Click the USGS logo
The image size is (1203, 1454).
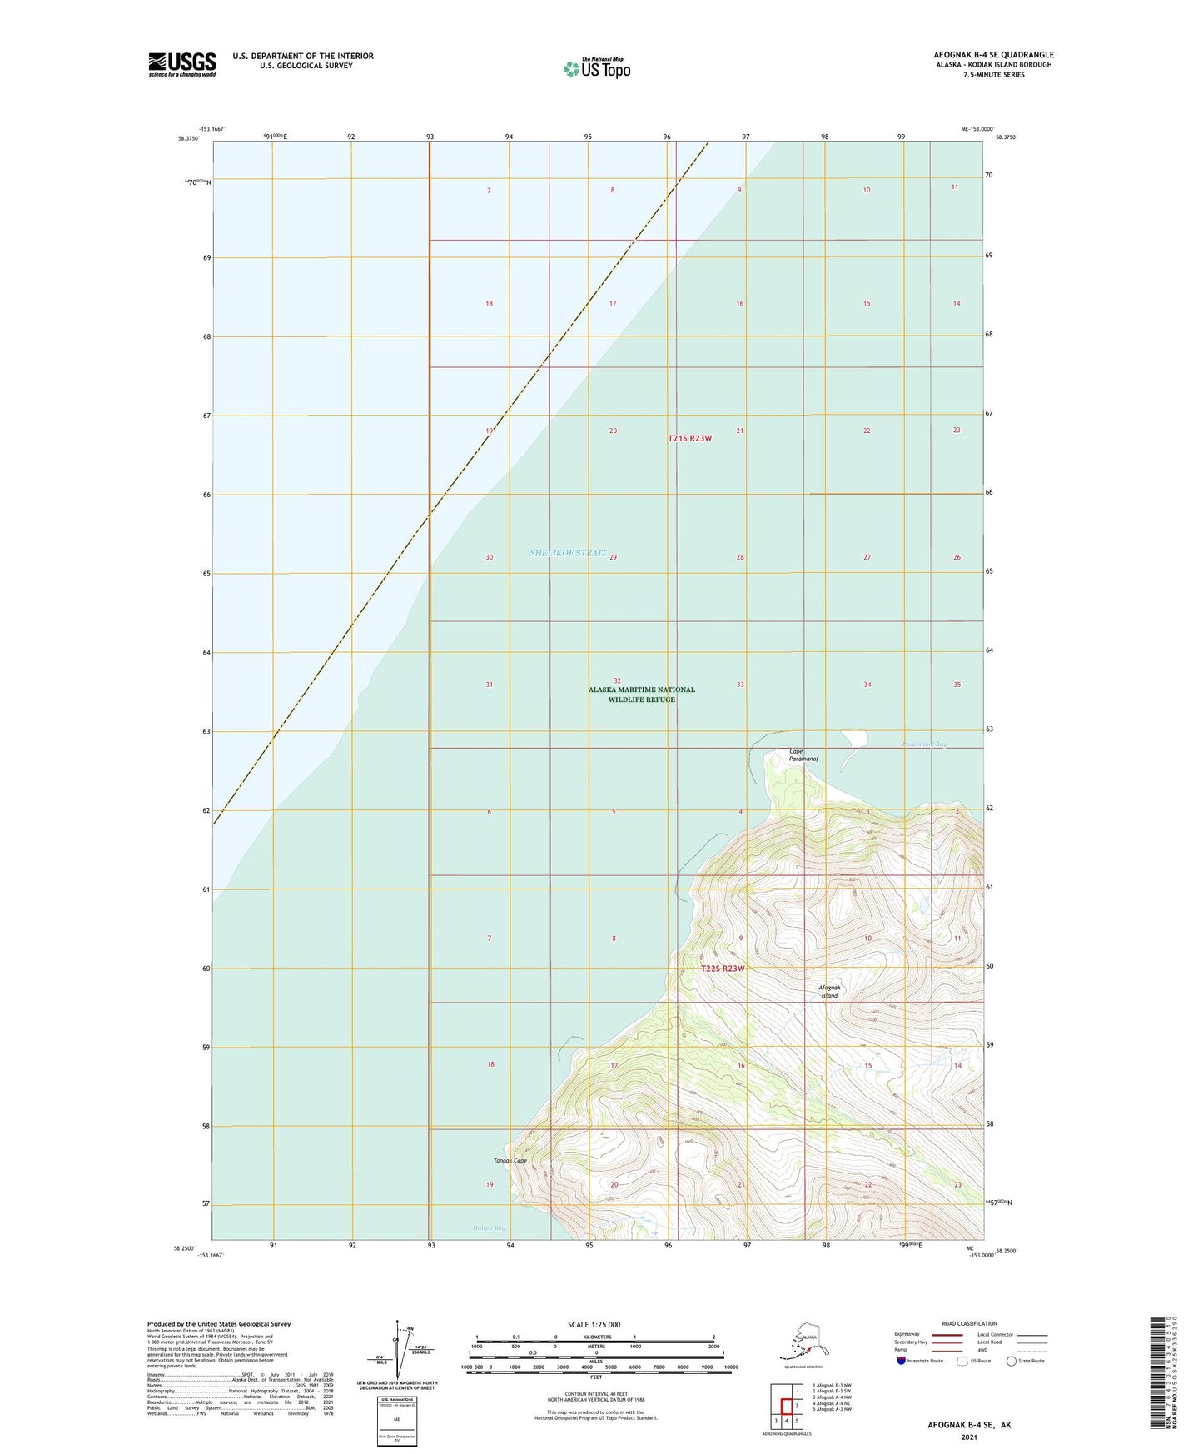coord(181,64)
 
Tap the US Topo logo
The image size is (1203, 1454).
coord(596,68)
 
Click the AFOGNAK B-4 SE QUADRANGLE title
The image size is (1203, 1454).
coord(992,55)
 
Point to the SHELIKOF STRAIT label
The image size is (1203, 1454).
coord(568,553)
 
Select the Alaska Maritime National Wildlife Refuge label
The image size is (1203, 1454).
coord(641,695)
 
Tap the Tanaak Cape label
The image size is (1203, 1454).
coord(510,1161)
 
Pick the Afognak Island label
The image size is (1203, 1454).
coord(829,992)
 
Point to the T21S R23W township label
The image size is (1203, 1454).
coord(689,438)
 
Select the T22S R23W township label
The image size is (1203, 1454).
coord(722,969)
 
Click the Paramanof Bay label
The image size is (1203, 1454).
coord(923,744)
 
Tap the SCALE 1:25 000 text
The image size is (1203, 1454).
coord(594,1325)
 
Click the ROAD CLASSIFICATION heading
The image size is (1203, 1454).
coord(969,1323)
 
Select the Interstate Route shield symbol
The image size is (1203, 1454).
coord(902,1361)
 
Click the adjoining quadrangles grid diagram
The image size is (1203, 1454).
coord(786,1406)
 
